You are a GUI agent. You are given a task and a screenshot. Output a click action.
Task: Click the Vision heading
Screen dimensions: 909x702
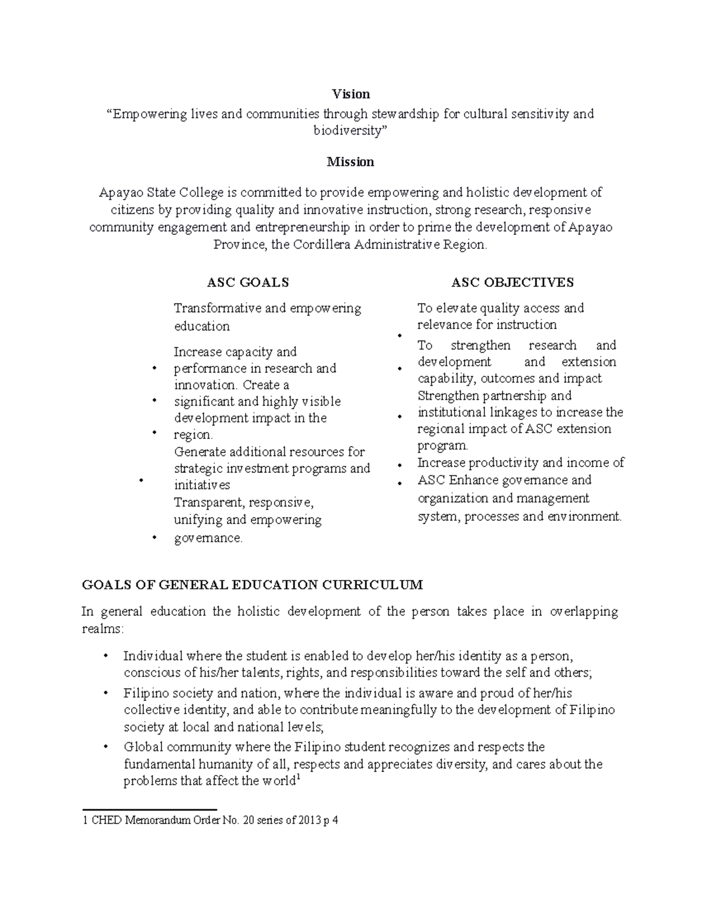[x=350, y=94]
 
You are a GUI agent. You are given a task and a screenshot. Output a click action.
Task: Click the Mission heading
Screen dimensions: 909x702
[x=350, y=162]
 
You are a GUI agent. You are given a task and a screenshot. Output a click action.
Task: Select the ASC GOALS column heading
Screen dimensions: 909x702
[x=248, y=283]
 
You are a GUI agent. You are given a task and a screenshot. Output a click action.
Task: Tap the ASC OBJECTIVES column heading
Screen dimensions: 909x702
[x=512, y=283]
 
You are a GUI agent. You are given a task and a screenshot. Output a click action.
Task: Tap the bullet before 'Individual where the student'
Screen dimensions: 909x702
[x=105, y=656]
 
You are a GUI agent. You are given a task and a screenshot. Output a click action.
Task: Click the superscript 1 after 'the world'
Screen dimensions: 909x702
[x=298, y=778]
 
